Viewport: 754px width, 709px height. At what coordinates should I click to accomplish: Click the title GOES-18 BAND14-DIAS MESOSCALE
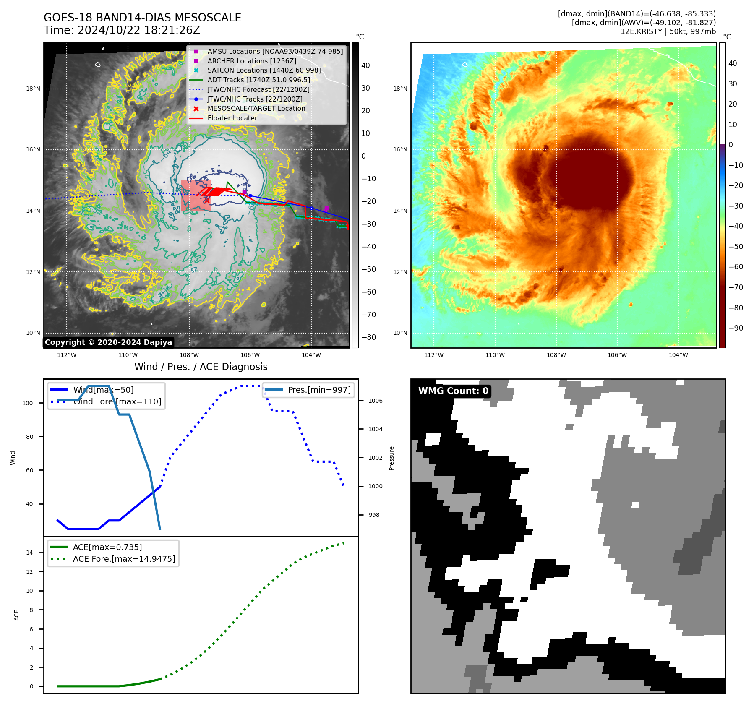tap(142, 18)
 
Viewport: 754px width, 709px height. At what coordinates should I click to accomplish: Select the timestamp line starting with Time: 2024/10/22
tap(122, 30)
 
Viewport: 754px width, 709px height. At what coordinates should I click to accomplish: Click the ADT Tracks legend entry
tap(258, 80)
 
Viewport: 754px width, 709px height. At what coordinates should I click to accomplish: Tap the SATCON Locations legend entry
tap(264, 70)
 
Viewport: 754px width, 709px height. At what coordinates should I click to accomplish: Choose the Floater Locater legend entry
tap(232, 118)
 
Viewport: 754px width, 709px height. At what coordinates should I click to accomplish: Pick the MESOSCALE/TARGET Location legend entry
tap(256, 108)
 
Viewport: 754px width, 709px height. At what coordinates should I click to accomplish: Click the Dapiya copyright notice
tap(108, 342)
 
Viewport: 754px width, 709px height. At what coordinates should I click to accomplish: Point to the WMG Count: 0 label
tap(453, 391)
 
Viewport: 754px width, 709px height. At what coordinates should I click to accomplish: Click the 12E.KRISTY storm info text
tap(668, 31)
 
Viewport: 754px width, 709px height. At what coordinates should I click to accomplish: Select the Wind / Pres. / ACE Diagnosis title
tap(201, 367)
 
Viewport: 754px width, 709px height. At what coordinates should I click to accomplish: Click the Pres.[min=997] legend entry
tap(319, 390)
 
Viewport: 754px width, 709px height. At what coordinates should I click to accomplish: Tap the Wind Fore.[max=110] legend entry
tap(117, 401)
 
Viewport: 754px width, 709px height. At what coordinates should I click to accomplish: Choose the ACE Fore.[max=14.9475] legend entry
tap(124, 559)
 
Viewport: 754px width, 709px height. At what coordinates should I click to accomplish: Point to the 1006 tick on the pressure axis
tap(375, 401)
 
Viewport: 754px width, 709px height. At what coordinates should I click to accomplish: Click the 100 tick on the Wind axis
tap(28, 403)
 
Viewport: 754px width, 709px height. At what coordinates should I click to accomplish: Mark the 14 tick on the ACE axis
tap(29, 553)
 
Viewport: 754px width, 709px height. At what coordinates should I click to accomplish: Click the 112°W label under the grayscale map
tap(67, 355)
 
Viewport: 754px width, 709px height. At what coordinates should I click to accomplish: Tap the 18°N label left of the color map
tap(400, 89)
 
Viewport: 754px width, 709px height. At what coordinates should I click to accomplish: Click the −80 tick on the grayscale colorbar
tap(369, 337)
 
